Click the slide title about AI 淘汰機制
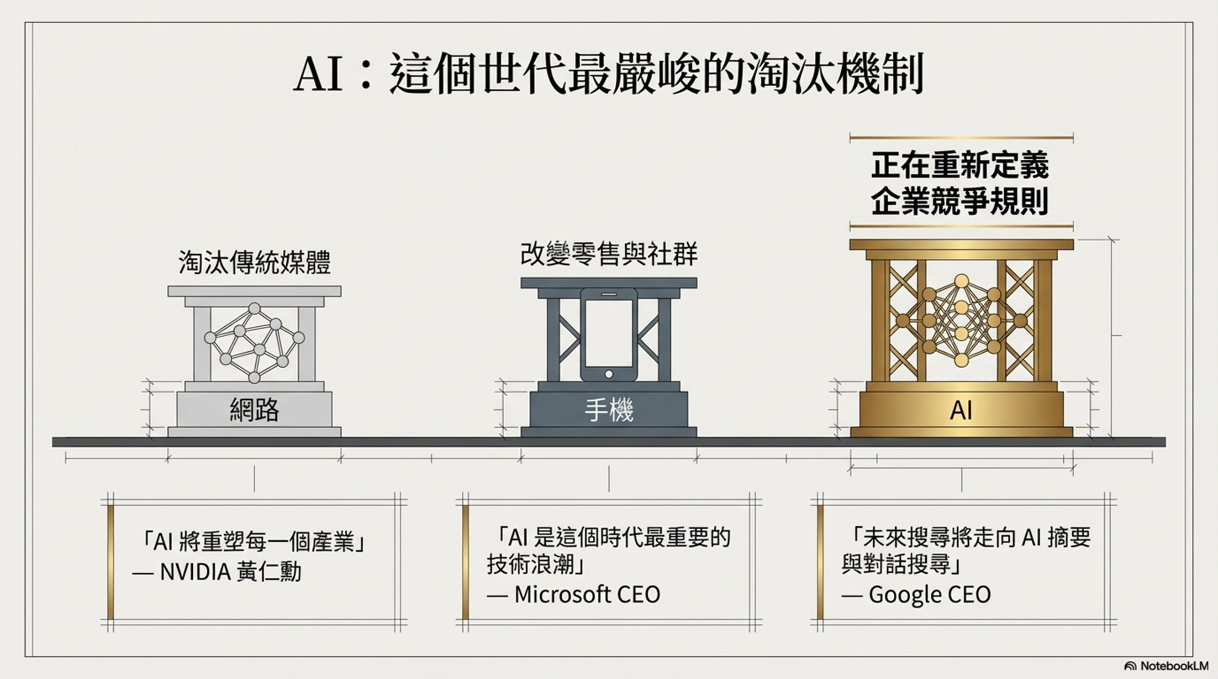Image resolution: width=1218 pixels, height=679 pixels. point(608,76)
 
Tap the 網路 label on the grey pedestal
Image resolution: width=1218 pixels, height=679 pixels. point(254,410)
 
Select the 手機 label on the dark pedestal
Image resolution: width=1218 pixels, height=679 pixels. point(608,410)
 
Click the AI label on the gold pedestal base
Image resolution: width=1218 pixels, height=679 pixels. point(961,411)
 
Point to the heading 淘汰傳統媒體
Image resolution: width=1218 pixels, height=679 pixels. point(254,263)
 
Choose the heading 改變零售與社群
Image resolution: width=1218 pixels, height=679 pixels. point(608,254)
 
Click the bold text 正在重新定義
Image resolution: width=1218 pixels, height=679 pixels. point(960,165)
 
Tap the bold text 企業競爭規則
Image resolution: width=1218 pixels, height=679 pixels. point(960,201)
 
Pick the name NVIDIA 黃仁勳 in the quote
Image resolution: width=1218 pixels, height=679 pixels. point(230,572)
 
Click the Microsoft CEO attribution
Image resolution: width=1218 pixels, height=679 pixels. point(587,595)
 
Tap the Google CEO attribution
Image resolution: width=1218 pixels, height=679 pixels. point(929,595)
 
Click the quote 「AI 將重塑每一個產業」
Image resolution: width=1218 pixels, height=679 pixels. point(254,543)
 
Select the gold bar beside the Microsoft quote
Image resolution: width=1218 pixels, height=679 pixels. point(465,562)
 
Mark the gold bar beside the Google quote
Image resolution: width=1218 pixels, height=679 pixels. point(820,562)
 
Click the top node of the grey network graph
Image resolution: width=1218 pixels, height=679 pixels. point(254,309)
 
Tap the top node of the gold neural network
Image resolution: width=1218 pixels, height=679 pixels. point(961,281)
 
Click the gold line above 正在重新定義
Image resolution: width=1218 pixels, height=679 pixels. point(961,138)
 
